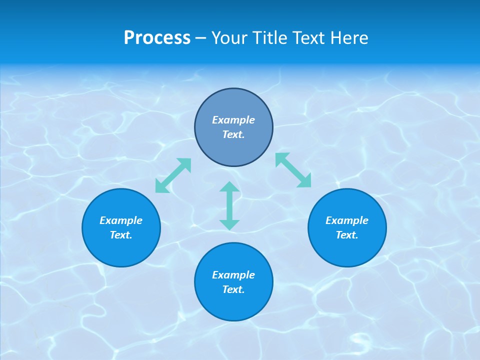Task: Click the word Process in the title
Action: (157, 38)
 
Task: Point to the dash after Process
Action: (201, 38)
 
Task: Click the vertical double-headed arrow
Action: (229, 205)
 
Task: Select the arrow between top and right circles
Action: (293, 170)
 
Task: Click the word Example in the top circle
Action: (233, 120)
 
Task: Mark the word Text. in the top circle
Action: (233, 134)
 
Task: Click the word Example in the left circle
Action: (121, 220)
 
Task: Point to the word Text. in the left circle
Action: (121, 235)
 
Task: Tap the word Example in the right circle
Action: (347, 220)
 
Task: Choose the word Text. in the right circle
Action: (347, 235)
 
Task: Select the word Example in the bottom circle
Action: (233, 275)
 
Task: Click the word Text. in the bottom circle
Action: (233, 289)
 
